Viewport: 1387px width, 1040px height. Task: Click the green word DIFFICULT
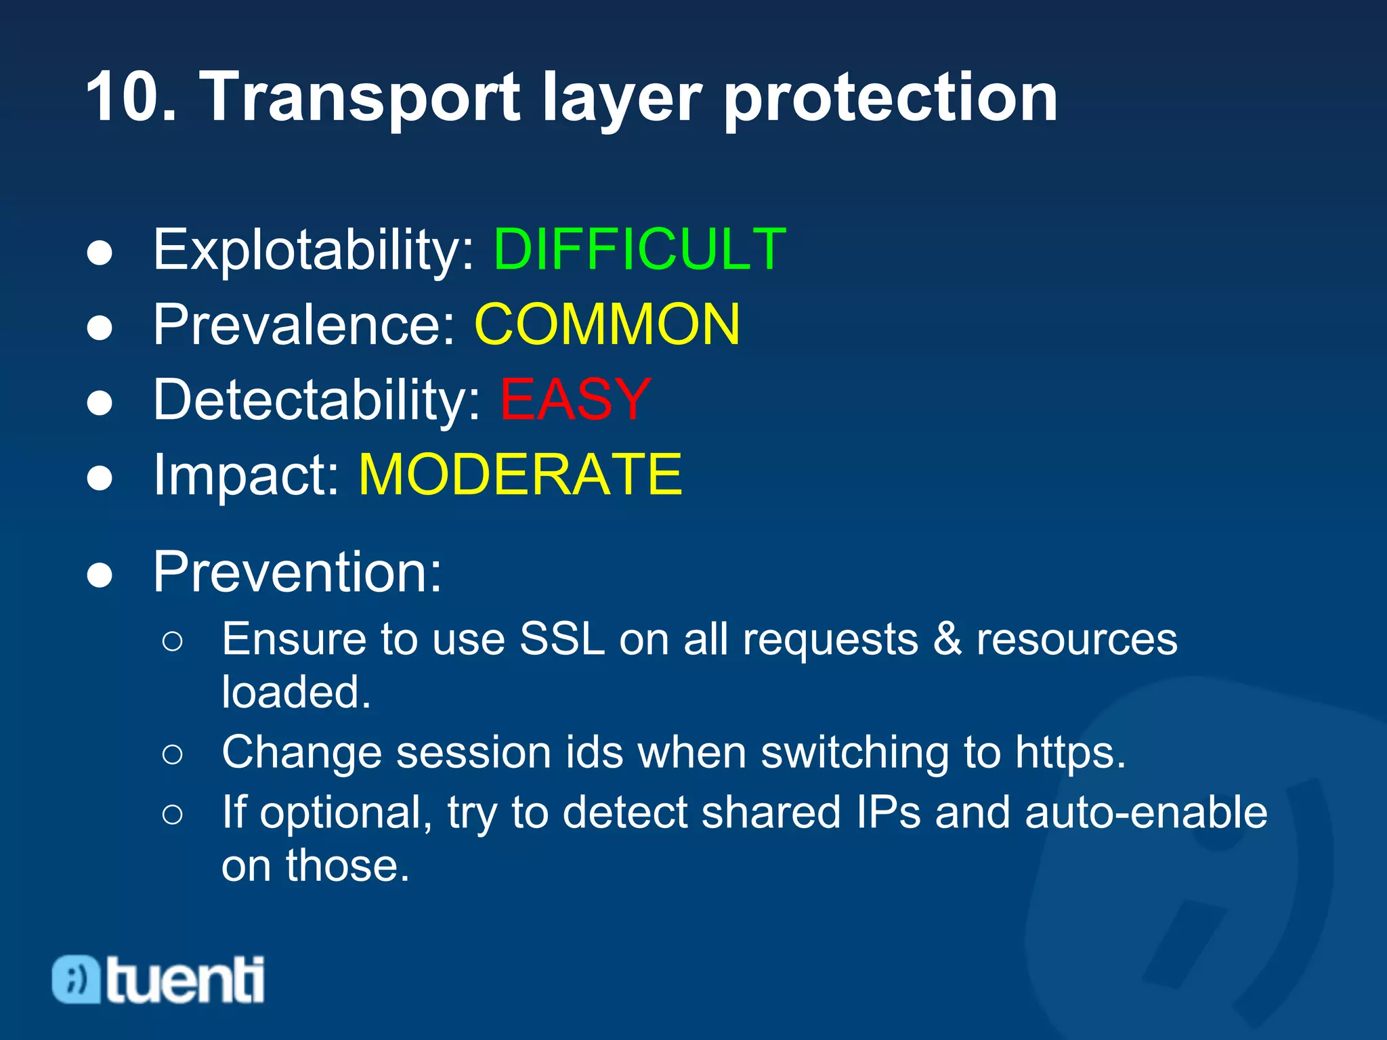click(x=639, y=250)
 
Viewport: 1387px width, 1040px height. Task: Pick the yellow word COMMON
click(x=607, y=325)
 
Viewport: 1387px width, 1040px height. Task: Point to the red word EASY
click(x=575, y=399)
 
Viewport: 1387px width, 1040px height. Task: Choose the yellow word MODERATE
click(x=519, y=475)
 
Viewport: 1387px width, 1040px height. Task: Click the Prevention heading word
click(x=297, y=572)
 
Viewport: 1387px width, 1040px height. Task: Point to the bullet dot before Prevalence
click(x=100, y=328)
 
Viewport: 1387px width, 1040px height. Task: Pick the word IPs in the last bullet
click(x=888, y=812)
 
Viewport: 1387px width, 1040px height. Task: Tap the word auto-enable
click(x=1145, y=812)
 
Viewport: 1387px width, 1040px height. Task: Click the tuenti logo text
click(x=185, y=980)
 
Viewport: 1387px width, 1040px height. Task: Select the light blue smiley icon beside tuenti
click(x=76, y=979)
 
